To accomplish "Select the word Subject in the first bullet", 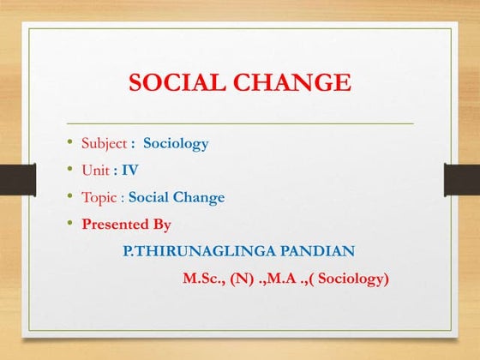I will tap(104, 143).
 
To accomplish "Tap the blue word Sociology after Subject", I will tap(176, 143).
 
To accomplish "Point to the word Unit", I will tap(95, 171).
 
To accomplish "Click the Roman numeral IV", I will tap(130, 171).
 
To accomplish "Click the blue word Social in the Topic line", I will tap(149, 197).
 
